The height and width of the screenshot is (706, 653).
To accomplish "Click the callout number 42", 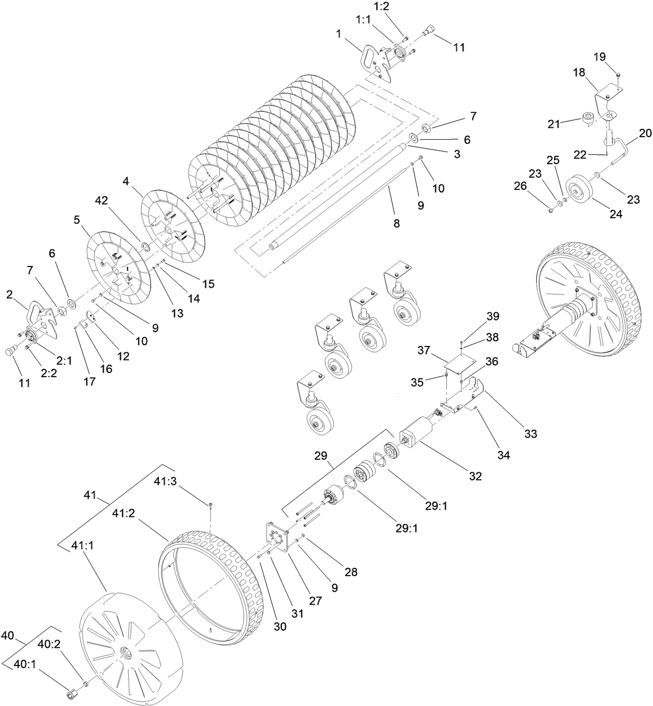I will click(x=103, y=201).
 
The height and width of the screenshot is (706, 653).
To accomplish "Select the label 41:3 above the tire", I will click(x=166, y=482).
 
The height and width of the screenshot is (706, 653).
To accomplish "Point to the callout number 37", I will click(x=425, y=351).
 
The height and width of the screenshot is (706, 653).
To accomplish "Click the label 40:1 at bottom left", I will click(x=24, y=664).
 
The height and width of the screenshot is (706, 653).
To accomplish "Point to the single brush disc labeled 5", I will click(x=118, y=265).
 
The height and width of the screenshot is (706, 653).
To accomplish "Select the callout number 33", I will click(x=530, y=433).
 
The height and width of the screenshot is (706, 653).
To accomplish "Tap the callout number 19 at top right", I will click(x=600, y=57).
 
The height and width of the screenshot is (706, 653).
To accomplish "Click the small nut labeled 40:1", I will click(x=73, y=694).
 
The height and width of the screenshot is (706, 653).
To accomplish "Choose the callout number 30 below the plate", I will click(x=280, y=627).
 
